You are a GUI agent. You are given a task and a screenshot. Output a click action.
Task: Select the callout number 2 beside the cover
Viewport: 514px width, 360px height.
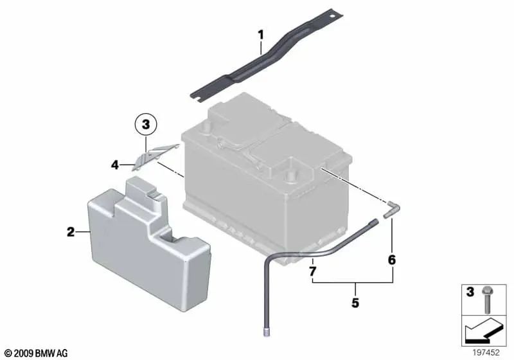point(71,231)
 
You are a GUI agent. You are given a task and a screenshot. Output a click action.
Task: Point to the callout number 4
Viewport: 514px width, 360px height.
point(114,165)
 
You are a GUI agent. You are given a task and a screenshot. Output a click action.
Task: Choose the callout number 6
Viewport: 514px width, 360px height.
point(391,260)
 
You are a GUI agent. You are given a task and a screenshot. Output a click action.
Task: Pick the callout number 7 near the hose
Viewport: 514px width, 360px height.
point(313,272)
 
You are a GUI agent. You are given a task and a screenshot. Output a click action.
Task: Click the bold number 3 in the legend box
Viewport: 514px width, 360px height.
point(470,292)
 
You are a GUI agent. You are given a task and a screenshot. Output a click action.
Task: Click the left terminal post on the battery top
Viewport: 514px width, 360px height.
point(207,127)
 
